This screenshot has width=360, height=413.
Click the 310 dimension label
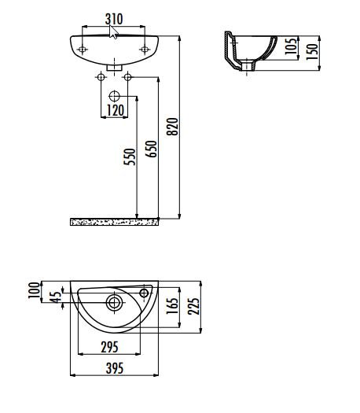coord(114,19)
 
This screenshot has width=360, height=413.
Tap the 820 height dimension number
coord(173,127)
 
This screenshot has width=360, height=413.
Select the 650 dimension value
coord(152,149)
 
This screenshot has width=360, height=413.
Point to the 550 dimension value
coord(130,157)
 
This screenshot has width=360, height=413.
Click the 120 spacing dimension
coord(116,110)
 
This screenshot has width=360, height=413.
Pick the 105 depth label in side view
coord(291,46)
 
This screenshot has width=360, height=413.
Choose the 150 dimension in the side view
coord(312,52)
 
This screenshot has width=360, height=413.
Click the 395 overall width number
coord(115,368)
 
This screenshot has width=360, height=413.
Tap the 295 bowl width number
coord(110,347)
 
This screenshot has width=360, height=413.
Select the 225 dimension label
coord(193,306)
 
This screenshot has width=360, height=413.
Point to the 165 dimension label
coord(172,306)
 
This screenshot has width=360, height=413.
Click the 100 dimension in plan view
coord(34,290)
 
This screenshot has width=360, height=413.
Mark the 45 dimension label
coord(56,297)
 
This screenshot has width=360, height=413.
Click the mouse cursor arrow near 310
coord(113,32)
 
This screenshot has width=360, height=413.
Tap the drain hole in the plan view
coord(114,303)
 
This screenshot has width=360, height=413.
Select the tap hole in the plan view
coord(144,293)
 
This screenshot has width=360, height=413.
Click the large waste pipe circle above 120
coord(114,97)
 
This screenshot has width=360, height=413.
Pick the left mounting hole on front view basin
coord(83,50)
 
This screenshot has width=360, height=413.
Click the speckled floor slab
coord(114,222)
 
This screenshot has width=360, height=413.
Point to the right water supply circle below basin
coord(127,77)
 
